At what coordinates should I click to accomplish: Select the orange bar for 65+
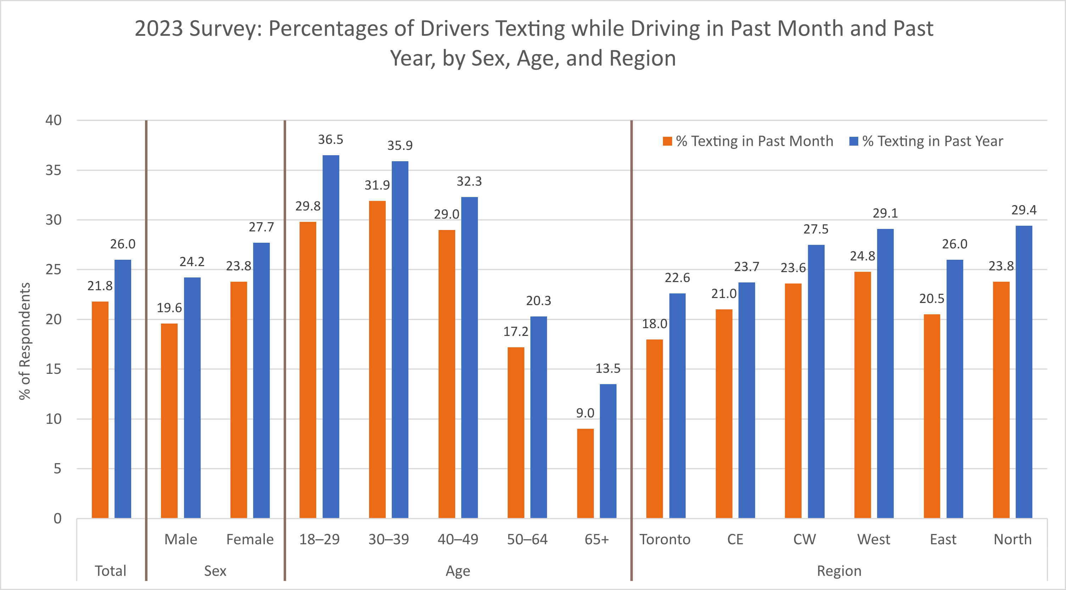[585, 473]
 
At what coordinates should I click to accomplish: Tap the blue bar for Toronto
[677, 405]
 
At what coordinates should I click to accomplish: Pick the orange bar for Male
[169, 420]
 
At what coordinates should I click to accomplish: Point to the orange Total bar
[100, 410]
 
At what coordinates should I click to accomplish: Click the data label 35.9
[400, 146]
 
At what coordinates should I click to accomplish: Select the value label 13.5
[608, 368]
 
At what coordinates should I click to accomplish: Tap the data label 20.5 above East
[932, 299]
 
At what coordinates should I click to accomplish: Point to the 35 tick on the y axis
[54, 170]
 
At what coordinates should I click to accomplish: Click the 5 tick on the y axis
[57, 469]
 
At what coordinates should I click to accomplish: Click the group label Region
[839, 571]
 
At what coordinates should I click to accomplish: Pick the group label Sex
[215, 571]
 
